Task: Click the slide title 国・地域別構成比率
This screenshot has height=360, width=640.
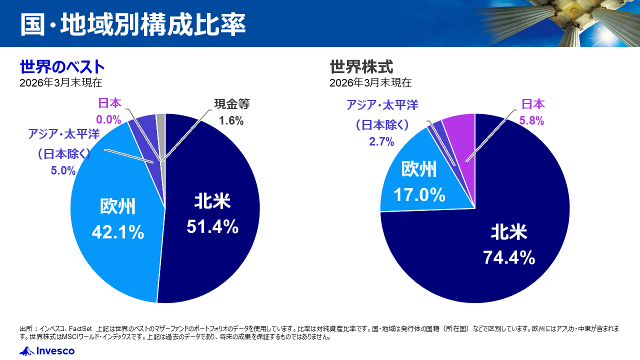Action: pyautogui.click(x=133, y=24)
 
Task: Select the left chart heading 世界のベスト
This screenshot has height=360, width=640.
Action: pyautogui.click(x=62, y=66)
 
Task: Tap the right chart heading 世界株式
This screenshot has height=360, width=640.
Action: pyautogui.click(x=361, y=66)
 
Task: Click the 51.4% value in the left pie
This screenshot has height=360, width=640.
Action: pyautogui.click(x=212, y=227)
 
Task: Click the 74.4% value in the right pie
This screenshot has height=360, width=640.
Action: pyautogui.click(x=509, y=257)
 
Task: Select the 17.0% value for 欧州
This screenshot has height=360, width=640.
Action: pyautogui.click(x=419, y=194)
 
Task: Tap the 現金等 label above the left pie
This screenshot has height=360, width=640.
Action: pyautogui.click(x=231, y=104)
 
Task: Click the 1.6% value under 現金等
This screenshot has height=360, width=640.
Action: pyautogui.click(x=231, y=120)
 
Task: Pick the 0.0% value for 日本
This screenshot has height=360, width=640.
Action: pyautogui.click(x=109, y=119)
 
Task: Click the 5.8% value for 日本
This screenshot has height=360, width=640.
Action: pyautogui.click(x=532, y=120)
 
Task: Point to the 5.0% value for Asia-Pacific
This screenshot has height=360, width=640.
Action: pyautogui.click(x=63, y=170)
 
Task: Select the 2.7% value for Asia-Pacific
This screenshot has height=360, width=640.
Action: pyautogui.click(x=381, y=141)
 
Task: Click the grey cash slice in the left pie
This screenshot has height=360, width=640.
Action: pyautogui.click(x=161, y=120)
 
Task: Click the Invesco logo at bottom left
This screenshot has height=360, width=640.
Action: pyautogui.click(x=47, y=351)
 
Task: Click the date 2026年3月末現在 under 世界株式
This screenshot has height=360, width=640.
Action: pyautogui.click(x=370, y=82)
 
